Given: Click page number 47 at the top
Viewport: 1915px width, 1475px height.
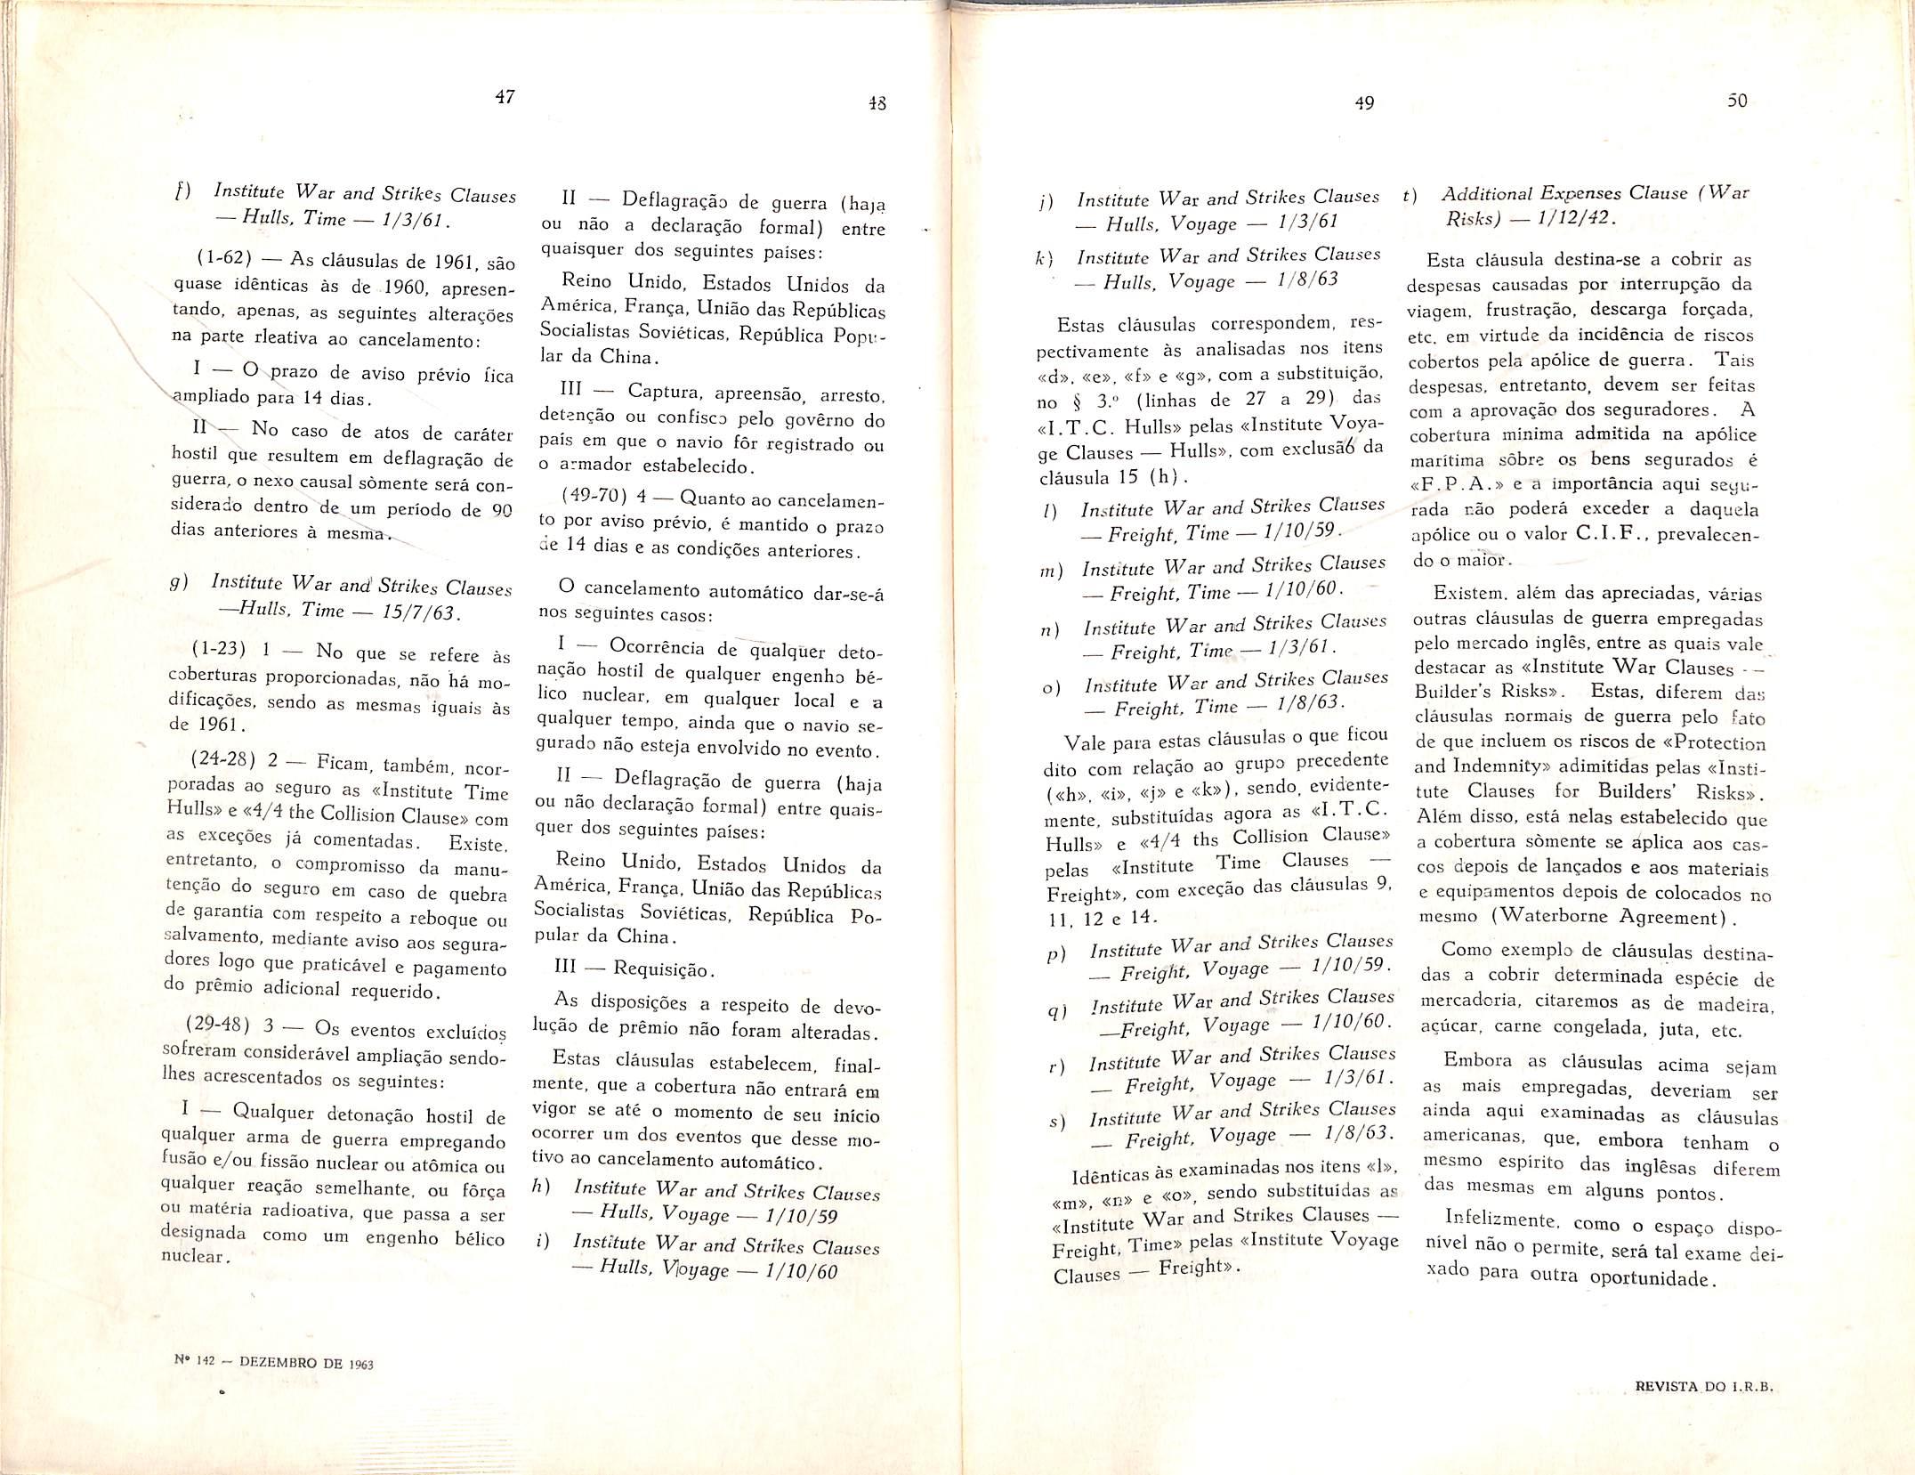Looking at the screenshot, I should [505, 98].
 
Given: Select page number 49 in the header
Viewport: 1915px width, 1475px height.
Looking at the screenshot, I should [1364, 103].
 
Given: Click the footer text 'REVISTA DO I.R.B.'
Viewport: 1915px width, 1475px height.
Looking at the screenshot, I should [1686, 1411].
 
